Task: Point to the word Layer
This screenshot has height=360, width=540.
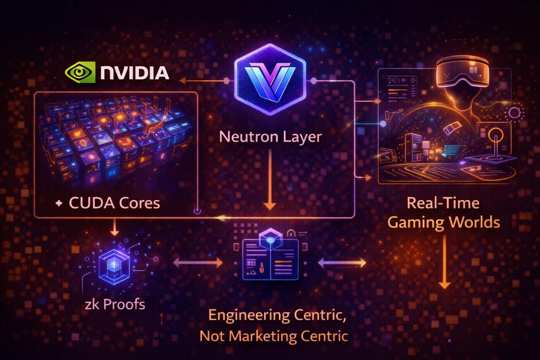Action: (303, 137)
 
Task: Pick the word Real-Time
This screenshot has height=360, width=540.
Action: (443, 203)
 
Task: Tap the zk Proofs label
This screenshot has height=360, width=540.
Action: (115, 304)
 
